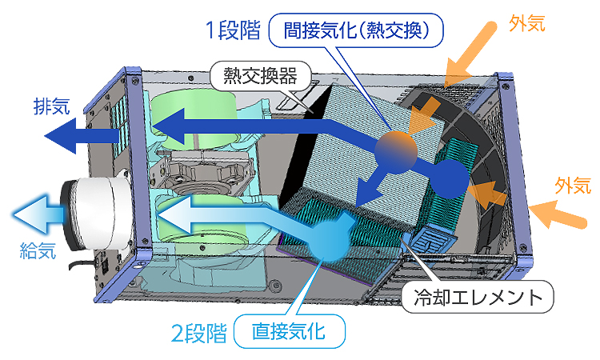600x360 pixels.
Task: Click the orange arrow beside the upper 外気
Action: [x=472, y=48]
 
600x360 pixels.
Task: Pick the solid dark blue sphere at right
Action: [x=448, y=178]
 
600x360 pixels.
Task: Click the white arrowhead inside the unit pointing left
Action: [x=172, y=215]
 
